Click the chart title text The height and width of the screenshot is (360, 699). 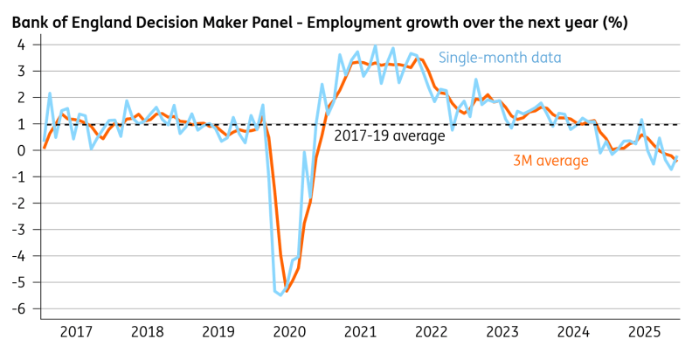click(319, 20)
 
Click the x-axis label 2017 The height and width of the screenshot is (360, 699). click(76, 332)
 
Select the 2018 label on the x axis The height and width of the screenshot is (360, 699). click(147, 332)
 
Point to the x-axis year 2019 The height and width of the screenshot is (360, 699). click(218, 332)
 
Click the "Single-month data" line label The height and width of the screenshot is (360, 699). click(499, 58)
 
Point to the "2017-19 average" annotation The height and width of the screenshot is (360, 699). click(390, 136)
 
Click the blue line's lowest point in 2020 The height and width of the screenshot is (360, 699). click(280, 295)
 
